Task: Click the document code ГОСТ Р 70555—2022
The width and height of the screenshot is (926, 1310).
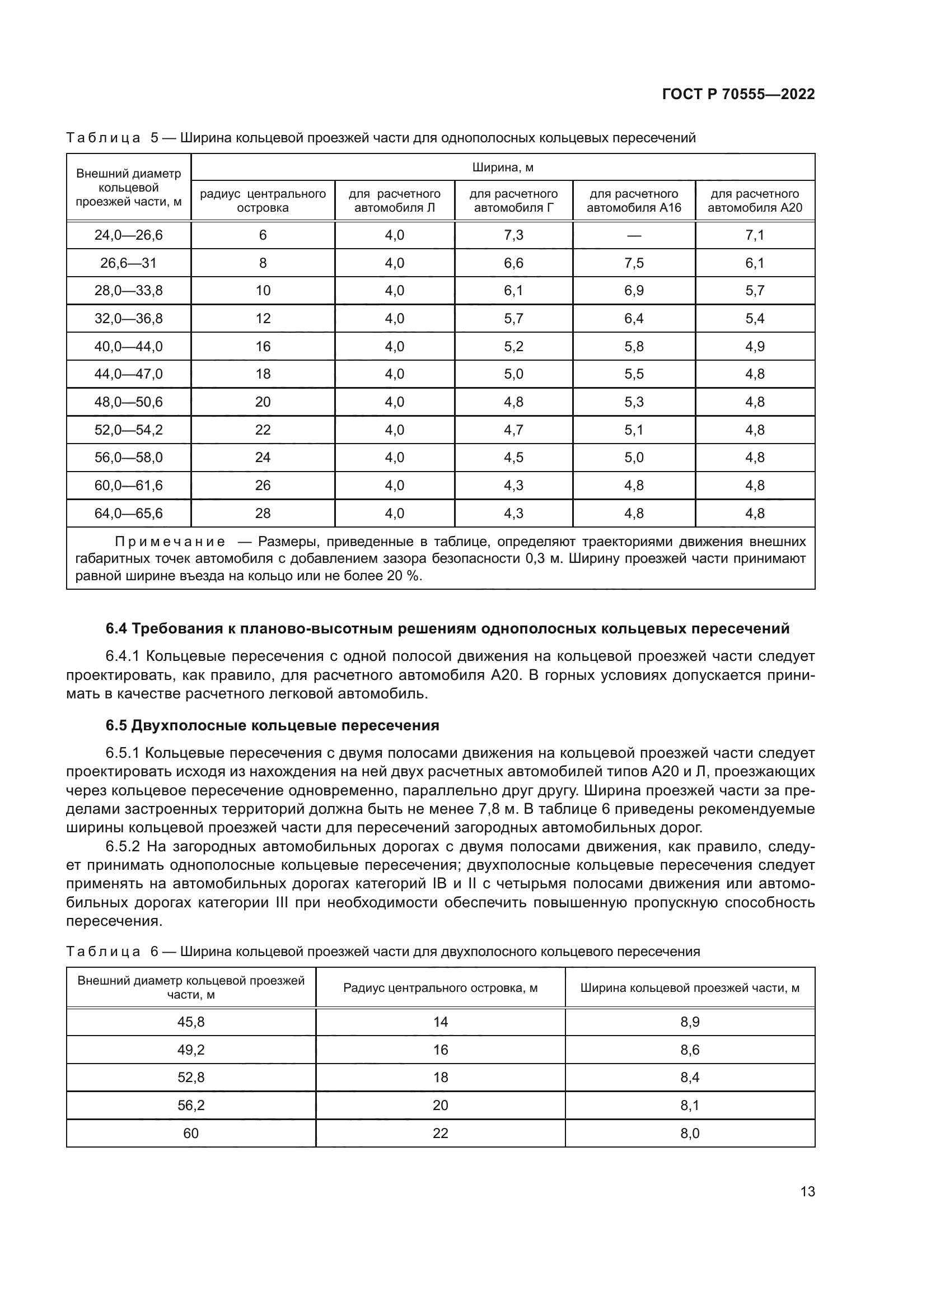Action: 738,95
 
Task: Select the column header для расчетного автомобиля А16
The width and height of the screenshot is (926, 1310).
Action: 634,201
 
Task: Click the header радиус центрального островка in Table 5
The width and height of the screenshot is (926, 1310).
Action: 263,201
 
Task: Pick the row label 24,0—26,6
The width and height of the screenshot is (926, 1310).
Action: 128,235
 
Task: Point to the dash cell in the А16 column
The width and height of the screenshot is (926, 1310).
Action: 634,236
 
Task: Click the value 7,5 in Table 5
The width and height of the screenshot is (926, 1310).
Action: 634,263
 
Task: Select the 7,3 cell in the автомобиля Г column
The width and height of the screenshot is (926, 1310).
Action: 513,235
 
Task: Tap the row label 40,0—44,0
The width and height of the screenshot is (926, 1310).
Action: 128,346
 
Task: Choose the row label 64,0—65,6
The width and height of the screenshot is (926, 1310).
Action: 128,514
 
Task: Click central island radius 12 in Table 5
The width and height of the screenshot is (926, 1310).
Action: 263,318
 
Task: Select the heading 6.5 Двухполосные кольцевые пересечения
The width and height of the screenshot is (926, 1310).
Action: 272,726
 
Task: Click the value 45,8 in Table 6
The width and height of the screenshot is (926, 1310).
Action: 191,1022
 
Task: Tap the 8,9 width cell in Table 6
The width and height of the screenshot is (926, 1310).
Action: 689,1022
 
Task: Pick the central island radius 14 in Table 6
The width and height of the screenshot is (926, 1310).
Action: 440,1022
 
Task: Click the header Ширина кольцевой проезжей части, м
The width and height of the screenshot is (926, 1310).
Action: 689,987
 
